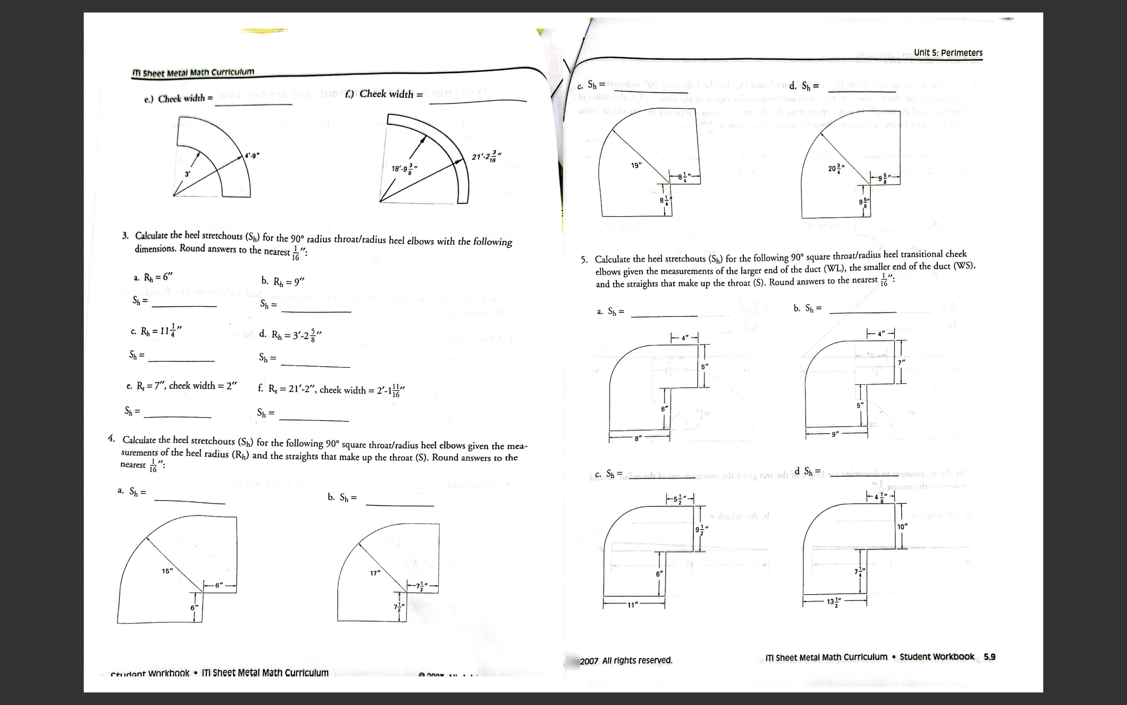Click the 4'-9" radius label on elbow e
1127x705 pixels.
point(251,156)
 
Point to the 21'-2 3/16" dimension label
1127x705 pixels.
point(487,156)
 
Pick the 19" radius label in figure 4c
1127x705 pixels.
point(636,165)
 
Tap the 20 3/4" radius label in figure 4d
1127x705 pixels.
point(836,168)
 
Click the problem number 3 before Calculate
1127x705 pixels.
point(125,235)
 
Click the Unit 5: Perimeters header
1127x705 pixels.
point(948,53)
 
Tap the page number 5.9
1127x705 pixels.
point(989,657)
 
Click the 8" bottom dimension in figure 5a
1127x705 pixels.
point(638,439)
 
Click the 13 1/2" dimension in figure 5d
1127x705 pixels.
point(834,602)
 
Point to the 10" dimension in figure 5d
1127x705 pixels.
point(902,526)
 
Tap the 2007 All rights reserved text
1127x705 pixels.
point(626,661)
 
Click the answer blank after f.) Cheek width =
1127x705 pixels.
point(477,100)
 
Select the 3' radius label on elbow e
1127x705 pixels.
point(187,174)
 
